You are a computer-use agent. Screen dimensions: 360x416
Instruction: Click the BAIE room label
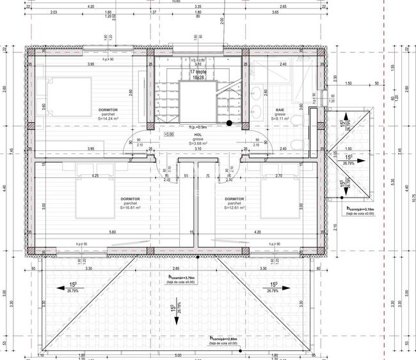[x=280, y=110]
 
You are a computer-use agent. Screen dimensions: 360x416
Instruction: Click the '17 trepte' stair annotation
[x=196, y=72]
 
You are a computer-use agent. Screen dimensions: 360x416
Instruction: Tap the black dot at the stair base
[x=229, y=123]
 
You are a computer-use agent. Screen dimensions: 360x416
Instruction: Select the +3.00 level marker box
[x=169, y=135]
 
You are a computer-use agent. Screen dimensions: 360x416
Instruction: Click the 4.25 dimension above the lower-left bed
[x=95, y=175]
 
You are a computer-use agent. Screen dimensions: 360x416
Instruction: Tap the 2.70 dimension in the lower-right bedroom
[x=278, y=175]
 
